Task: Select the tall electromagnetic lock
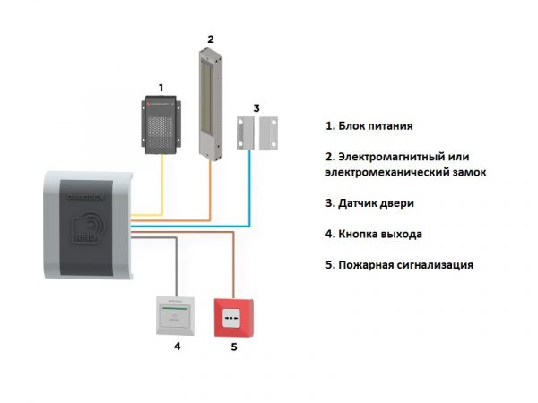[x=210, y=103]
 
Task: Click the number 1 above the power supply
[x=161, y=87]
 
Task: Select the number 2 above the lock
[x=210, y=39]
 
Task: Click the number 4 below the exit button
[x=177, y=345]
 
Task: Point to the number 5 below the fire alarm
[x=234, y=346]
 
